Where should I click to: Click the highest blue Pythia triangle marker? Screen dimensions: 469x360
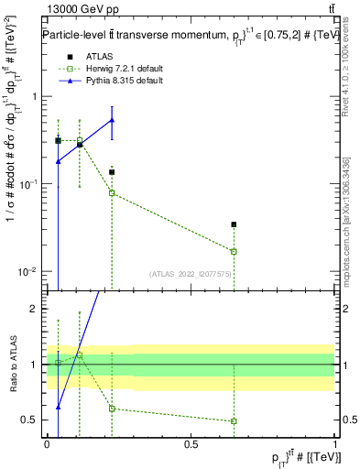tap(112, 120)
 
